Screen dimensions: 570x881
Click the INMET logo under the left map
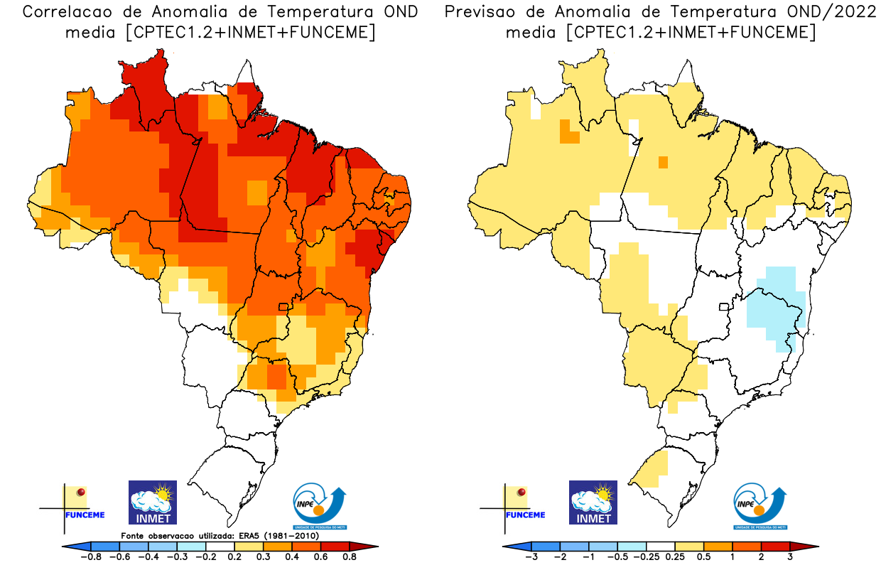point(152,502)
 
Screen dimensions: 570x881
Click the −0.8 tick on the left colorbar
point(92,557)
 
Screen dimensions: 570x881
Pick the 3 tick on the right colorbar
point(790,557)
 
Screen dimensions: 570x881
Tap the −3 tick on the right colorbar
point(531,557)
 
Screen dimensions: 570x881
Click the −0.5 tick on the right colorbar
point(618,557)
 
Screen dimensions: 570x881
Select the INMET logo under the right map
point(593,502)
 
